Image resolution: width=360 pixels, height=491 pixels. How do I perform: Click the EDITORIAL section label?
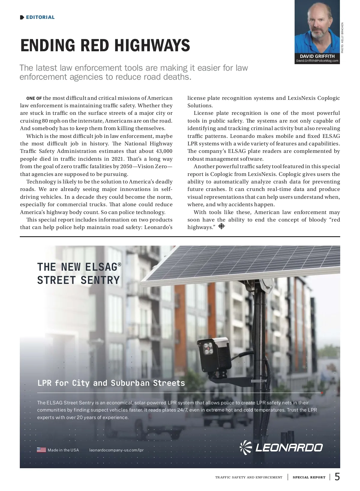tap(40, 17)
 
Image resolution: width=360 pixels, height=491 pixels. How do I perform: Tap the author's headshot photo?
tap(317, 27)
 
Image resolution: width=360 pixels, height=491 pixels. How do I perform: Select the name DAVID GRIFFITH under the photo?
tap(317, 56)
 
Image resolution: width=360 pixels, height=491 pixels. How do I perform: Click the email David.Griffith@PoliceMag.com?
tap(317, 61)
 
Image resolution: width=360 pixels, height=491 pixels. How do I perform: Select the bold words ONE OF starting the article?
tap(34, 98)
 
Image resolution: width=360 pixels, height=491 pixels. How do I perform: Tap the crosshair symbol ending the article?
tap(221, 226)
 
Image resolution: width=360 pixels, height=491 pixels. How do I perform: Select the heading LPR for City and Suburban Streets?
tap(111, 383)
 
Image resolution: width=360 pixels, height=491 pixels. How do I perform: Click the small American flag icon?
tap(41, 450)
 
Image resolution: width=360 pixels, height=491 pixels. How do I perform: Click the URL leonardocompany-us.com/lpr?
tap(116, 450)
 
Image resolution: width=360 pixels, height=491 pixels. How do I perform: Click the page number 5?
tap(337, 477)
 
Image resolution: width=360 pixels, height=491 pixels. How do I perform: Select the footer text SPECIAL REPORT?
tap(309, 477)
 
